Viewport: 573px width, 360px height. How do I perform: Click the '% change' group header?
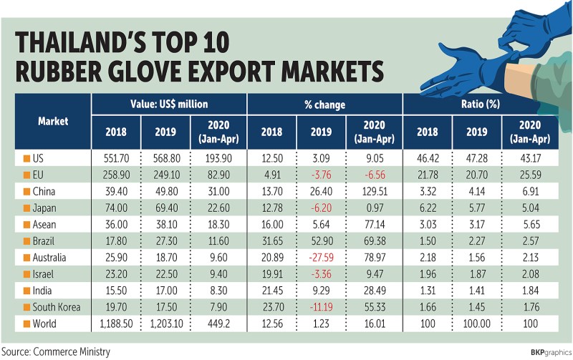coord(324,104)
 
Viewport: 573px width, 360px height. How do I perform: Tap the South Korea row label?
coord(57,307)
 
